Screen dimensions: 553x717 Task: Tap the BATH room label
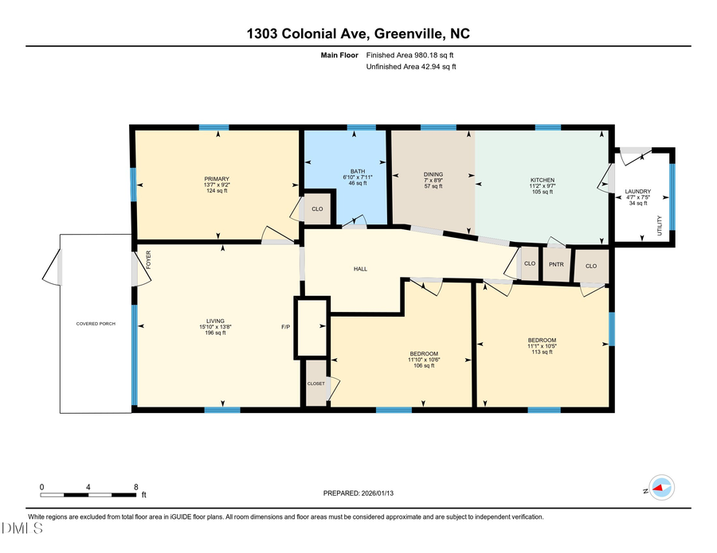point(358,171)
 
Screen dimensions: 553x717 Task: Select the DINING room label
point(433,174)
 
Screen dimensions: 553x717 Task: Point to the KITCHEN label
point(543,181)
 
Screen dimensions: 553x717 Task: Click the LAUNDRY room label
point(638,192)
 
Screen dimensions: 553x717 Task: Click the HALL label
point(360,269)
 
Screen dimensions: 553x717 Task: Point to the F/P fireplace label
point(285,327)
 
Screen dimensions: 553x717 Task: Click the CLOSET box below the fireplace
point(316,384)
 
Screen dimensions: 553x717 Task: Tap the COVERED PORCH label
point(96,324)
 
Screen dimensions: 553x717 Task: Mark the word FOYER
point(148,259)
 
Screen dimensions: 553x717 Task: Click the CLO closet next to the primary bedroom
point(317,209)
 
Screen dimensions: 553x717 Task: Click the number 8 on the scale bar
point(136,486)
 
